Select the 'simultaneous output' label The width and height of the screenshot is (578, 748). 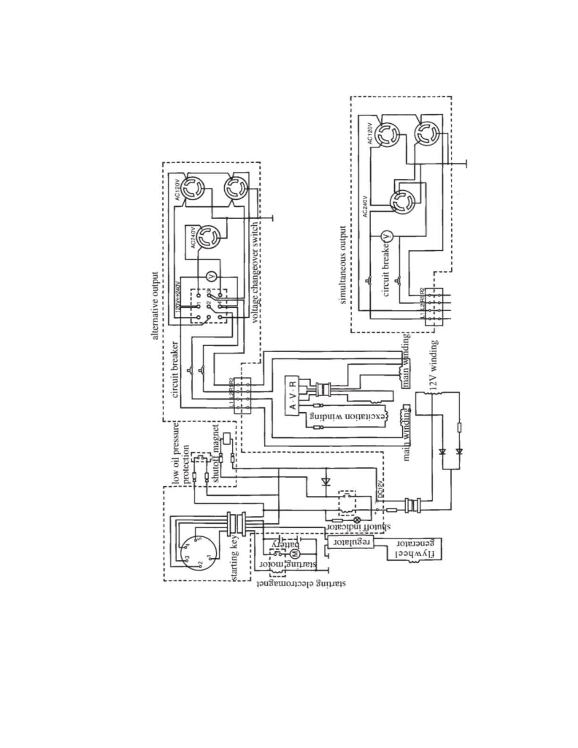pyautogui.click(x=343, y=265)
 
